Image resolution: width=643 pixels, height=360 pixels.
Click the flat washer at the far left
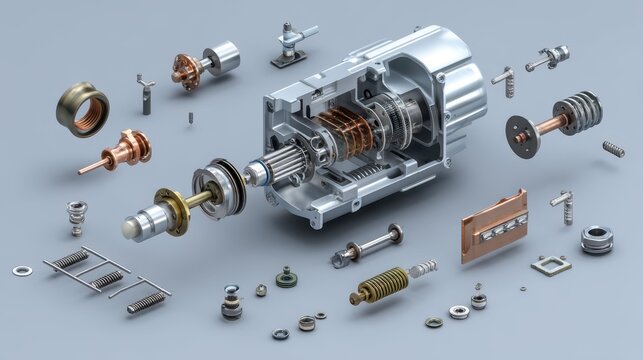point(21,270)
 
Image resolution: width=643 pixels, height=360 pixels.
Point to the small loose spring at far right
point(613,149)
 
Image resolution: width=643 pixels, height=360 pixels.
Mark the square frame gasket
point(550,265)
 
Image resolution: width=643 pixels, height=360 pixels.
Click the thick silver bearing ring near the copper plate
point(597,238)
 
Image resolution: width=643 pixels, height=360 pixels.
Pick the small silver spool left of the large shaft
point(78,214)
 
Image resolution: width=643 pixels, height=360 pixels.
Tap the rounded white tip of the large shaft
point(131,230)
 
